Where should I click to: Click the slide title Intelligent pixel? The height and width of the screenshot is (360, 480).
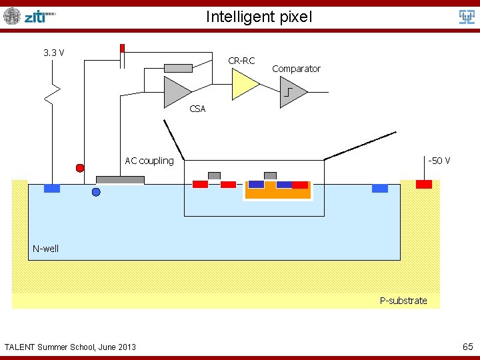[x=259, y=16]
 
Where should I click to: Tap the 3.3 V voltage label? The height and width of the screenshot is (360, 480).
[x=53, y=53]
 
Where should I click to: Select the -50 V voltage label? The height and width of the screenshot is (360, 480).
[x=439, y=161]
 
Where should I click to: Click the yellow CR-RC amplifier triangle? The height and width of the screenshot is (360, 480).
[x=244, y=84]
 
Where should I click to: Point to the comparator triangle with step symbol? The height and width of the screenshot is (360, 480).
[x=292, y=91]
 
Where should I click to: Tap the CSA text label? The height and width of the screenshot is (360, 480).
[x=197, y=109]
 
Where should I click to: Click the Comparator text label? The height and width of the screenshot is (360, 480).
[x=296, y=69]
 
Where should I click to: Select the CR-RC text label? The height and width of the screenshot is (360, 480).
[x=241, y=61]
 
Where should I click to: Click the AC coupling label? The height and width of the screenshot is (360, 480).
[x=149, y=161]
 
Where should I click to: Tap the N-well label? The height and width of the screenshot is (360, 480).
[x=46, y=249]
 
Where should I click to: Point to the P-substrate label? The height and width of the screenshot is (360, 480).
[x=403, y=301]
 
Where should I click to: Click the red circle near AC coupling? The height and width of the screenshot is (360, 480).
[x=80, y=168]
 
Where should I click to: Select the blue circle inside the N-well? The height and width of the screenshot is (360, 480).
[x=96, y=192]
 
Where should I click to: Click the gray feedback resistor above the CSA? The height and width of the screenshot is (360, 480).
[x=179, y=68]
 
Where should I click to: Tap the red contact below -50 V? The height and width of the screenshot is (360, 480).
[x=423, y=184]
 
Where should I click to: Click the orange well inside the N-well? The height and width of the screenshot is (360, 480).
[x=277, y=193]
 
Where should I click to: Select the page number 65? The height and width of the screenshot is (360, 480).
[x=468, y=347]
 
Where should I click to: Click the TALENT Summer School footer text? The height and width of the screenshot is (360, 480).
[x=70, y=347]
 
